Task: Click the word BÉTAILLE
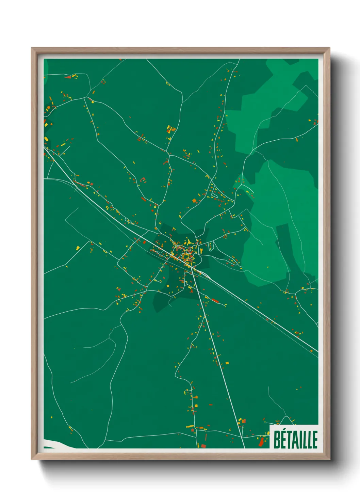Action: [x=295, y=439]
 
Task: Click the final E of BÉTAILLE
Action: [x=315, y=440]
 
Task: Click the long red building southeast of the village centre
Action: [x=215, y=300]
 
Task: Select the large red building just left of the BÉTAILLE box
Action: [x=261, y=442]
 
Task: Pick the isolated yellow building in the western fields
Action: [x=78, y=248]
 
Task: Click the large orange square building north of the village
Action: [x=195, y=201]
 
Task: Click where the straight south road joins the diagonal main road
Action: [x=192, y=269]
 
